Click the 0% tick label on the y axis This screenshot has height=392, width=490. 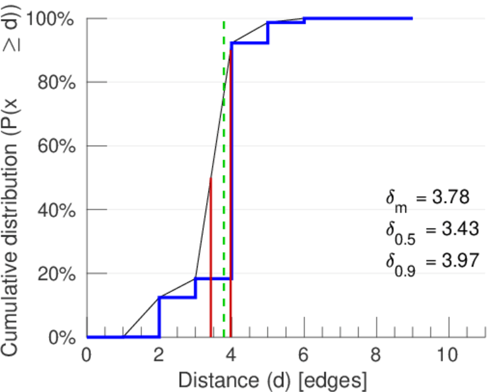(61, 337)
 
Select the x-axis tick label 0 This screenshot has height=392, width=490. (87, 356)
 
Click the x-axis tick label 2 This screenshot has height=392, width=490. (159, 356)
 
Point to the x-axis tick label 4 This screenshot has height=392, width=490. (232, 356)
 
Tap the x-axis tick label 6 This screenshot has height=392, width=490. (304, 356)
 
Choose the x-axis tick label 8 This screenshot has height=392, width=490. (376, 356)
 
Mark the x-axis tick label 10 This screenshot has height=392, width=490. (448, 356)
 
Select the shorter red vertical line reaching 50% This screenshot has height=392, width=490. (210, 261)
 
